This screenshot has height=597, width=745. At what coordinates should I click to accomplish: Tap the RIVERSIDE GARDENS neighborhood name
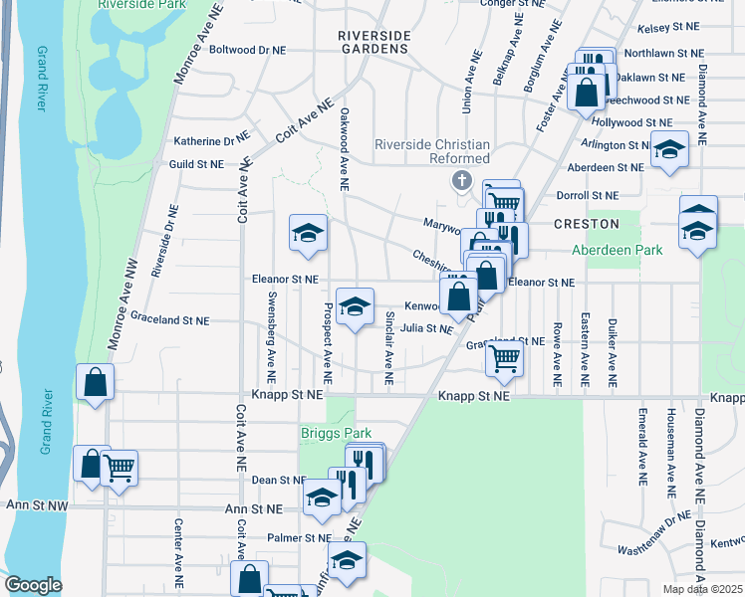click(x=373, y=43)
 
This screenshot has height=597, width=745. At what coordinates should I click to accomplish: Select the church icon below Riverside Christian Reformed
click(x=460, y=181)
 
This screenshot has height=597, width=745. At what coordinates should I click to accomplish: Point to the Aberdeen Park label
click(x=618, y=251)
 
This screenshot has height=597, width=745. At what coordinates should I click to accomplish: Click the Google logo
click(x=33, y=585)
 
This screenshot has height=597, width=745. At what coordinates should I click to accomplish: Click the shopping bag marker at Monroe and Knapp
click(x=95, y=383)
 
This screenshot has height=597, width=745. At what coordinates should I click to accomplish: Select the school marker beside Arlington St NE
click(x=670, y=150)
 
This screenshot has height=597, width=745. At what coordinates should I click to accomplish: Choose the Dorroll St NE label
click(x=589, y=196)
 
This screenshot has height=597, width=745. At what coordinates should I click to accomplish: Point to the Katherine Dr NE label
click(x=210, y=142)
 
